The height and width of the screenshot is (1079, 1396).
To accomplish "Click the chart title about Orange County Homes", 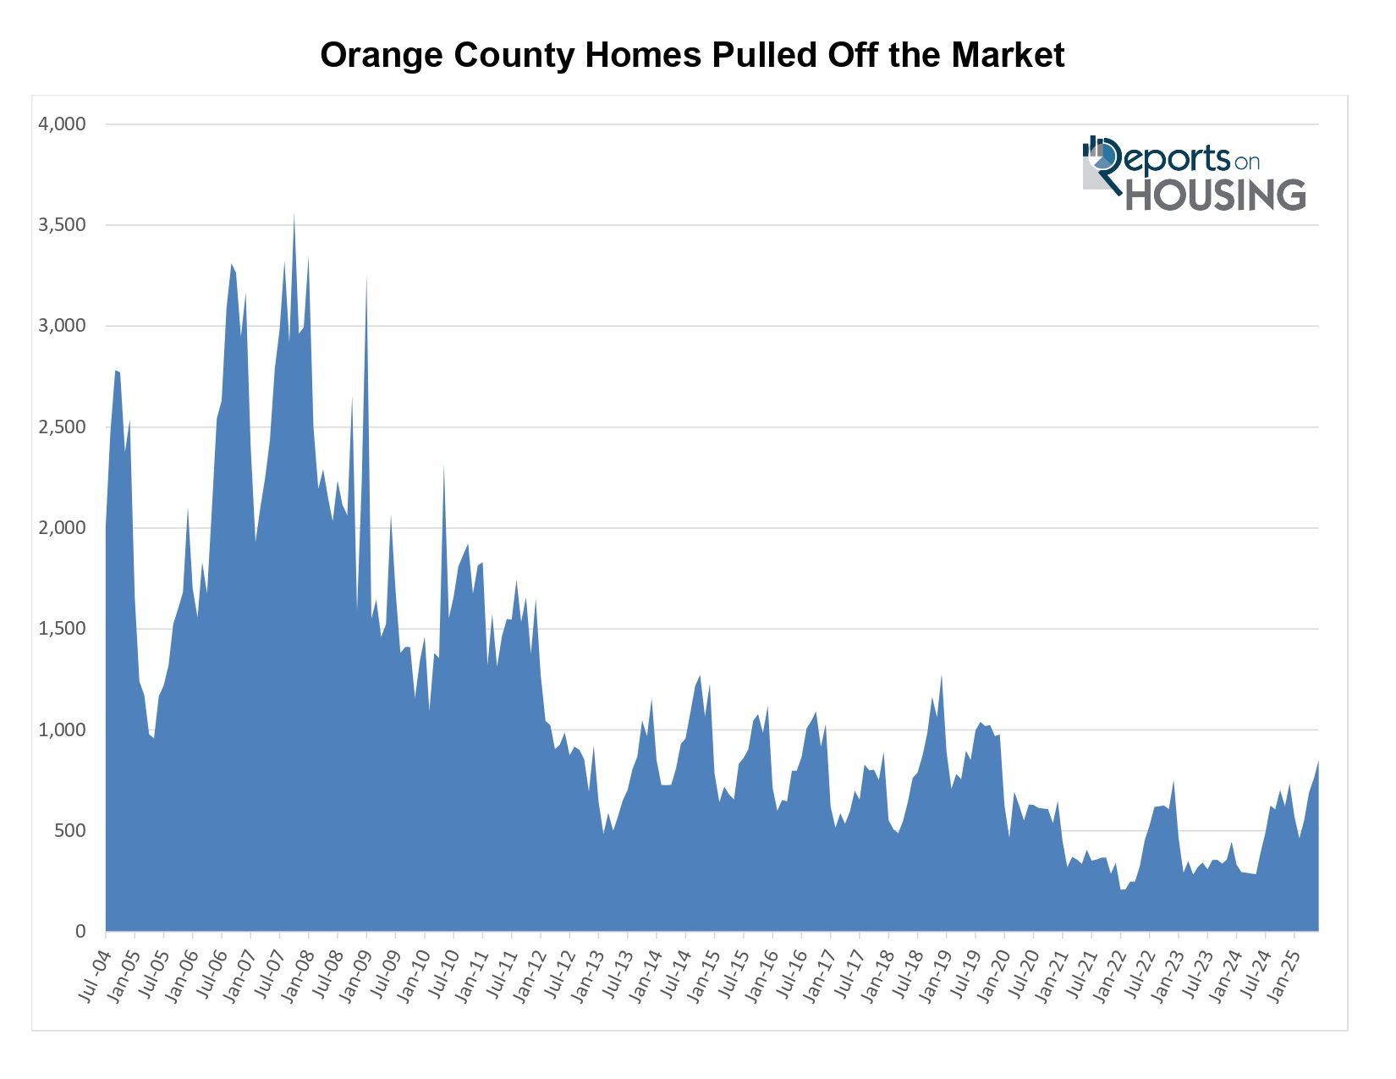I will [x=692, y=56].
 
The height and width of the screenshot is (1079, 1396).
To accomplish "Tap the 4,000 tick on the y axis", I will [x=63, y=124].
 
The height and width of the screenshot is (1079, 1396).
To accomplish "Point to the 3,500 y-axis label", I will [x=63, y=225].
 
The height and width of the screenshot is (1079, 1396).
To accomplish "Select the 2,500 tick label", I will [x=63, y=427].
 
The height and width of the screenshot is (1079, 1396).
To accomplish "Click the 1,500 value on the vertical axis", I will [x=63, y=629].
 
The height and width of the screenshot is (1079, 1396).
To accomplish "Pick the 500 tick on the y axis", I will [x=69, y=831].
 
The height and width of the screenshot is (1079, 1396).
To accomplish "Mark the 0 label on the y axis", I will [x=80, y=932].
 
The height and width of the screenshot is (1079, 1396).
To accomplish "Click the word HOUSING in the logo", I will [x=1215, y=195].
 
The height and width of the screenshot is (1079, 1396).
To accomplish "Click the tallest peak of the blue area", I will [x=294, y=217].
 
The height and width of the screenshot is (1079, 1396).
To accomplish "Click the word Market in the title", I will [x=1008, y=56].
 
